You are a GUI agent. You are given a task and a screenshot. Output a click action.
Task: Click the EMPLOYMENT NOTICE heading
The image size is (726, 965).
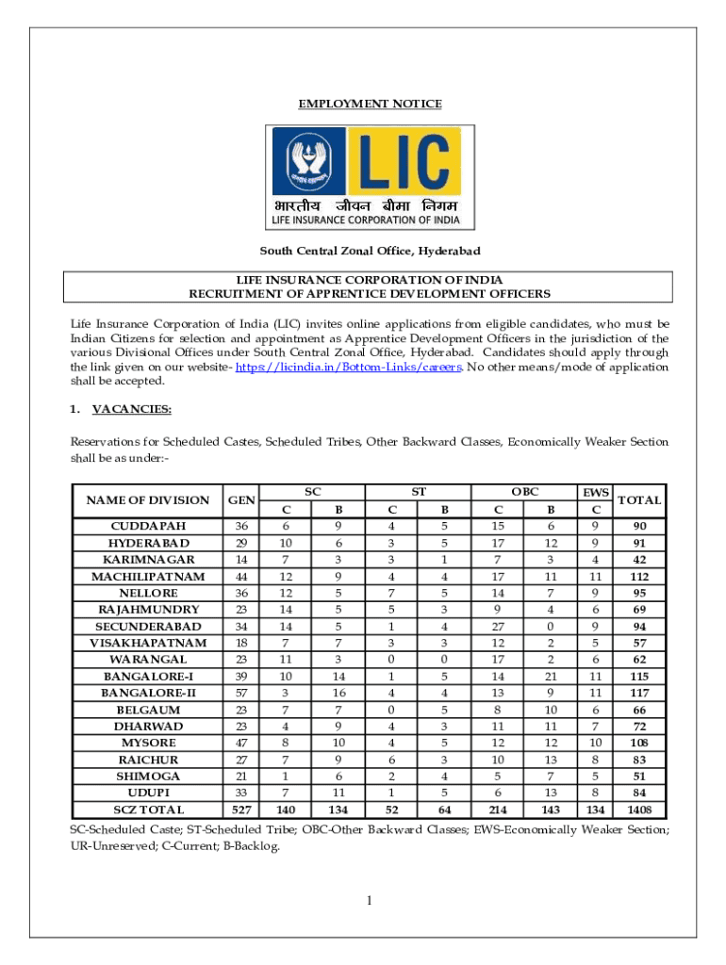point(370,104)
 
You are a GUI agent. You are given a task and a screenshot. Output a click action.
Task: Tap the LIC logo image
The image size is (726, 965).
point(368,178)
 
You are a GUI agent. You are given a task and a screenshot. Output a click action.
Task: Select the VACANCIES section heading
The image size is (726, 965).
point(131,409)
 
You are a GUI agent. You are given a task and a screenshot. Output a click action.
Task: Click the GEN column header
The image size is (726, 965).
point(242,500)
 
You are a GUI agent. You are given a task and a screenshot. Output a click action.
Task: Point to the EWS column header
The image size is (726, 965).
point(596,492)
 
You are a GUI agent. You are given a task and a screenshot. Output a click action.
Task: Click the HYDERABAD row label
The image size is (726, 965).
point(148,543)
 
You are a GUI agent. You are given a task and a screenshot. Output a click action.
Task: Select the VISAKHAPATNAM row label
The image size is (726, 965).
point(148,643)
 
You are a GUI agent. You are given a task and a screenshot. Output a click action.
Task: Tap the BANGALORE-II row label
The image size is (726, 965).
point(148,693)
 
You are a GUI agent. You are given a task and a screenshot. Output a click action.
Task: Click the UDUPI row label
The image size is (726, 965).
point(148,793)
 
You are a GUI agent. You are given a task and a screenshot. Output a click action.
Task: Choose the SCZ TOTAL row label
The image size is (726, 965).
point(148,810)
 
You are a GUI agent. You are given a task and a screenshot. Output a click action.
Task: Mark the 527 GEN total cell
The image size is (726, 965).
point(242,810)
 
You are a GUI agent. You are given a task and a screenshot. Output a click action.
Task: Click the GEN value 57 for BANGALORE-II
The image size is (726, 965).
point(242,693)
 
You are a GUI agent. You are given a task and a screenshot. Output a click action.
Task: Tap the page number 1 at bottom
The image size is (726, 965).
point(371,900)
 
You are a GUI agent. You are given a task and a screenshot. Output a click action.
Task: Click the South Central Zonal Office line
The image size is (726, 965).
point(370,251)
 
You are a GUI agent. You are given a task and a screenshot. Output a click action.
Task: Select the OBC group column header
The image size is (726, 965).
point(524,492)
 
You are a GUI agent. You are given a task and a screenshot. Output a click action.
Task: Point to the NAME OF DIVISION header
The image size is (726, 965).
point(148,500)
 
